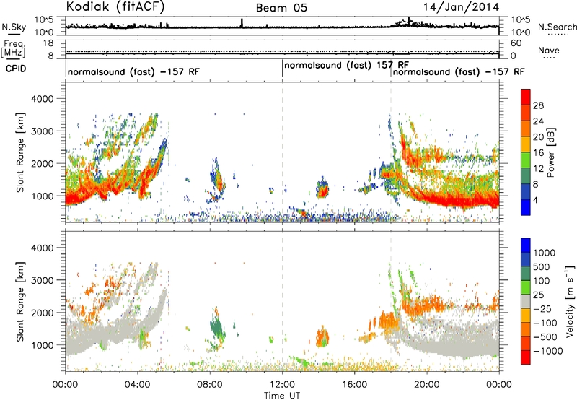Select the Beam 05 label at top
pyautogui.click(x=281, y=8)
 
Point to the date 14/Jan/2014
pyautogui.click(x=461, y=7)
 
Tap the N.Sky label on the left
pyautogui.click(x=14, y=27)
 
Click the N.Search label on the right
pyautogui.click(x=557, y=27)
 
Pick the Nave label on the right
pyautogui.click(x=549, y=50)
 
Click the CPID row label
pyautogui.click(x=16, y=69)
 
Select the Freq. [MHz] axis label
pyautogui.click(x=13, y=49)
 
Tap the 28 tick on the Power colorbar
pyautogui.click(x=538, y=105)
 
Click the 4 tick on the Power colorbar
pyautogui.click(x=535, y=200)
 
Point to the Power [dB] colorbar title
pyautogui.click(x=550, y=152)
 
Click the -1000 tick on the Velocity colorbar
pyautogui.click(x=547, y=351)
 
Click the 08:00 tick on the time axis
pyautogui.click(x=210, y=385)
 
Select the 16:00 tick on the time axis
pyautogui.click(x=354, y=385)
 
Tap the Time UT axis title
pyautogui.click(x=282, y=395)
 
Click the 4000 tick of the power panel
pyautogui.click(x=43, y=99)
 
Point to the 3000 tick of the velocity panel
pyautogui.click(x=43, y=280)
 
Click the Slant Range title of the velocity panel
pyautogui.click(x=20, y=302)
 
